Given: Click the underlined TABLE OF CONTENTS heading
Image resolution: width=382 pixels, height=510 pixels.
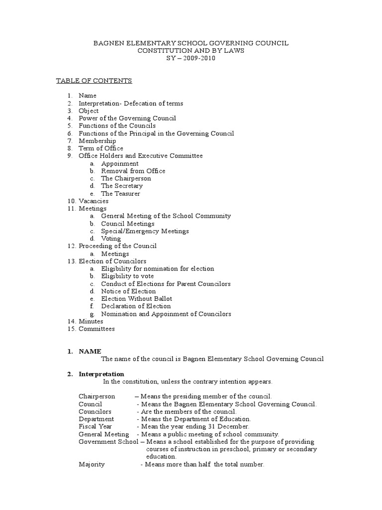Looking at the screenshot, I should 94,81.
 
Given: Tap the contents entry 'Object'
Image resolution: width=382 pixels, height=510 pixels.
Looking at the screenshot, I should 89,111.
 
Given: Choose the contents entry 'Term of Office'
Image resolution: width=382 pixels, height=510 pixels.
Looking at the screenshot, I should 101,148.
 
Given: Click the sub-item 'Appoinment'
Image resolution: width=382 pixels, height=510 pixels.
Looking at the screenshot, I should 120,163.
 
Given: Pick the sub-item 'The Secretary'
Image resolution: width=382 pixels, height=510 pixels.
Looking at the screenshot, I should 122,186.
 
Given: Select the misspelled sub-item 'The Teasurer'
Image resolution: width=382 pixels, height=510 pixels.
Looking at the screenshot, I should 121,193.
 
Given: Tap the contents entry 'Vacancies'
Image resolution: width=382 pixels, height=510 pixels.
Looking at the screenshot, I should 94,201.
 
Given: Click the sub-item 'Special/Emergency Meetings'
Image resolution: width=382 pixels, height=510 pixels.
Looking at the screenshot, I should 145,231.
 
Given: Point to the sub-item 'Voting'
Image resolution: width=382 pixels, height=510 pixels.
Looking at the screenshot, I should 111,239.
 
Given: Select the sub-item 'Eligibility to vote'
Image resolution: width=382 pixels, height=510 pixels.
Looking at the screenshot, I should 127,276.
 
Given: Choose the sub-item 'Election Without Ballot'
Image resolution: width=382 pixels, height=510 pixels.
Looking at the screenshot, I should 137,299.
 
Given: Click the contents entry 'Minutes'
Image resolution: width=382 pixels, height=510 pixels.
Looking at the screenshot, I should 91,321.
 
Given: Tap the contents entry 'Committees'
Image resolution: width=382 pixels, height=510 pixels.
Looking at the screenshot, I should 96,329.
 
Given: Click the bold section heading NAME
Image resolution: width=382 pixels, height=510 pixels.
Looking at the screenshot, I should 90,351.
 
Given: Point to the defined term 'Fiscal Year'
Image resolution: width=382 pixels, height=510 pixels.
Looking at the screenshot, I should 95,426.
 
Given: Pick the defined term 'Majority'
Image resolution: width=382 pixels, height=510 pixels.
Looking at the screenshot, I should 92,464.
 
